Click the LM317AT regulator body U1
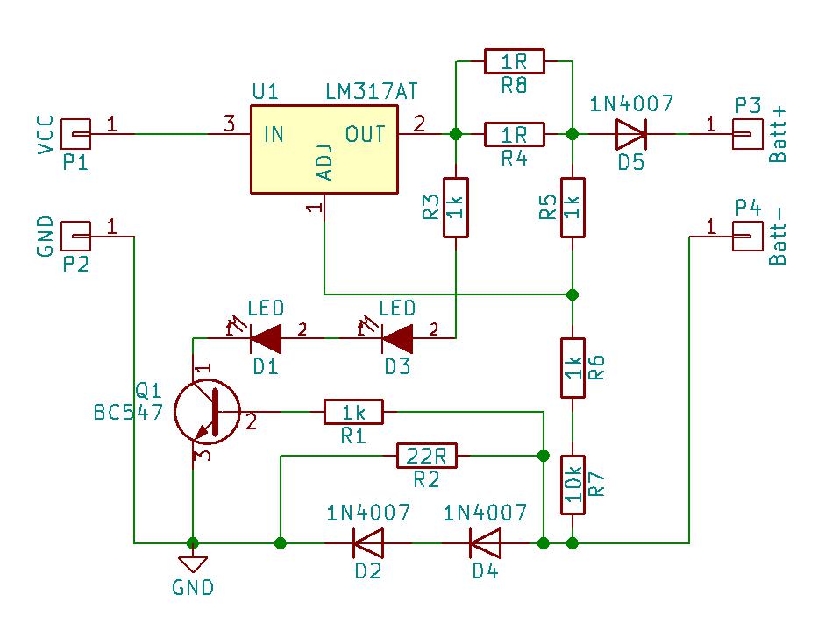click(323, 150)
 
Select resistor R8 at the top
click(514, 61)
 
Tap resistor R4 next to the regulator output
click(514, 134)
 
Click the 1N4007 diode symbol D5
click(629, 134)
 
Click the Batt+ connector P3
click(746, 134)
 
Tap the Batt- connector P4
click(746, 236)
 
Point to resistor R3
click(455, 208)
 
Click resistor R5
click(572, 208)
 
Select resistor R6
click(572, 368)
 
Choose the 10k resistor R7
click(572, 485)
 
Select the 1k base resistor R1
click(353, 411)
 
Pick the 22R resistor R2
click(426, 456)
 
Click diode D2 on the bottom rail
click(367, 543)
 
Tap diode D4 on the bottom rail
click(484, 543)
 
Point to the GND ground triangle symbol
click(192, 564)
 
